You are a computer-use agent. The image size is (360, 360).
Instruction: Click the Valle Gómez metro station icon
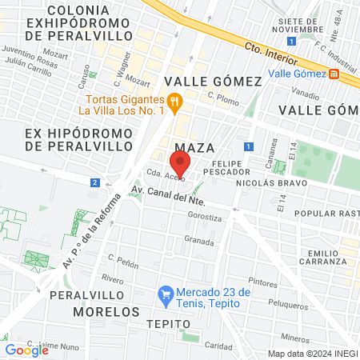point(334,74)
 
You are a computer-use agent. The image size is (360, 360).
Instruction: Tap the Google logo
point(27,350)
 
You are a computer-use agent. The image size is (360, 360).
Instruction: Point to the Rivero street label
point(112,279)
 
